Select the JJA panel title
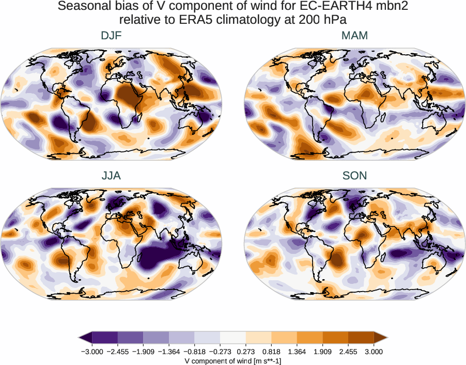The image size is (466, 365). tap(111, 176)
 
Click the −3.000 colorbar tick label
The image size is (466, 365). tap(92, 352)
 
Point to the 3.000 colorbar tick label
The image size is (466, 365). tap(374, 352)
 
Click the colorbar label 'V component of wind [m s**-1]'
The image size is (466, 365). tap(233, 361)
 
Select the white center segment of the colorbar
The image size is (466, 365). tap(233, 338)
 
